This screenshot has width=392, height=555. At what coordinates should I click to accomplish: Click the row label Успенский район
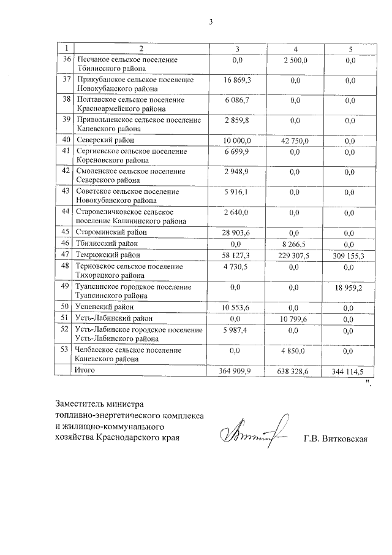click(104, 307)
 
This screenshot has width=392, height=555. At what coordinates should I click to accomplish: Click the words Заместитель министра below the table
click(99, 404)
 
